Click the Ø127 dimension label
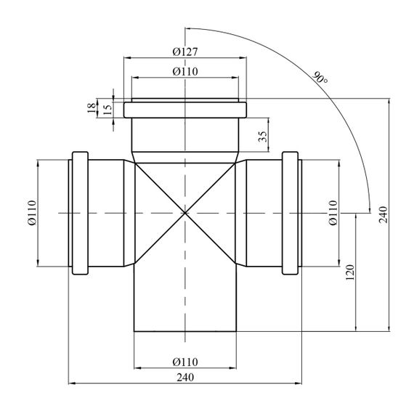click(x=185, y=52)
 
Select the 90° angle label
click(x=320, y=78)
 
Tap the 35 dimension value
click(x=263, y=137)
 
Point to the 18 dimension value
click(x=92, y=108)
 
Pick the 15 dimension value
click(x=107, y=109)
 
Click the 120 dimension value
click(x=350, y=272)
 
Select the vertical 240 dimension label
click(x=383, y=214)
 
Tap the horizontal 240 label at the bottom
click(x=185, y=377)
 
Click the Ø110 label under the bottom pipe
click(x=185, y=362)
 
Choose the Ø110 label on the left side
click(x=32, y=213)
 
